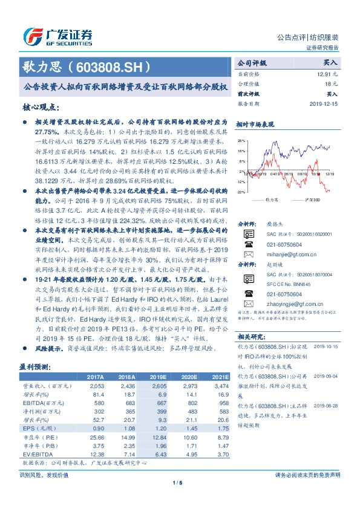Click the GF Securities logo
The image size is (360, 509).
click(x=57, y=36)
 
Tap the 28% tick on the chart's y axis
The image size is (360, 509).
click(x=241, y=139)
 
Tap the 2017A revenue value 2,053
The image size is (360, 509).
click(x=97, y=385)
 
